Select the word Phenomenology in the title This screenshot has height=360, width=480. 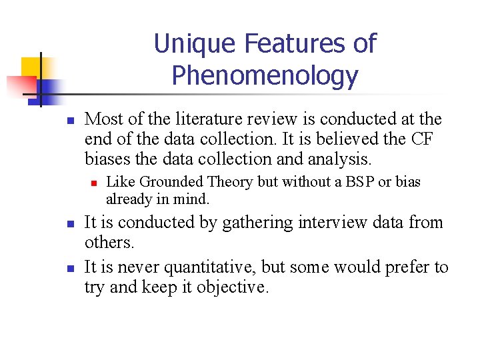[265, 75]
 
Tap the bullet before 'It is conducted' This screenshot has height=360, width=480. [69, 224]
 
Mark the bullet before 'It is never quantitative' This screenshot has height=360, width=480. [69, 269]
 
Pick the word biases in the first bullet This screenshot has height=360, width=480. [105, 159]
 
